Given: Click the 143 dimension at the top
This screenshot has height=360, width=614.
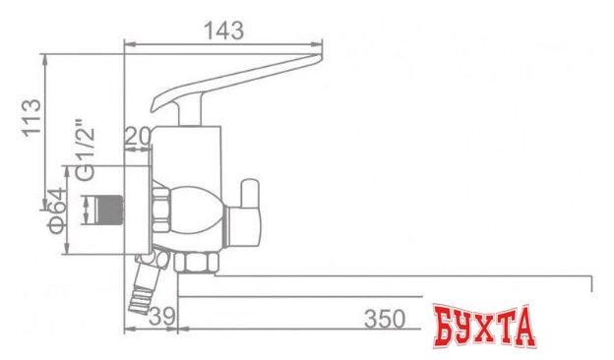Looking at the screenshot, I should click(223, 30).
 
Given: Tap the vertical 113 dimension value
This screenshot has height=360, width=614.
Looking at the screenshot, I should click(32, 117).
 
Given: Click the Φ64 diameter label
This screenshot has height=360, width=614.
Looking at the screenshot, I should click(60, 210).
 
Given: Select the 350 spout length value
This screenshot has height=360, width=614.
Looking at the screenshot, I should click(384, 319).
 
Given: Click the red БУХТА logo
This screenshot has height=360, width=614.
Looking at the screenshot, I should click(484, 328).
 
